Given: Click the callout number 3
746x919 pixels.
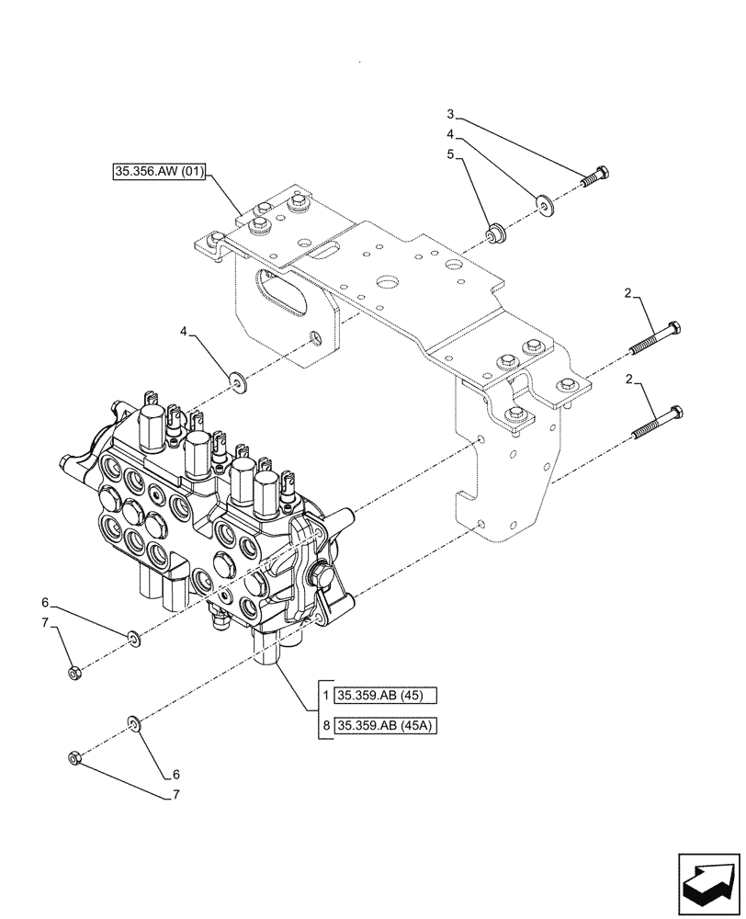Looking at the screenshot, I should pyautogui.click(x=450, y=115).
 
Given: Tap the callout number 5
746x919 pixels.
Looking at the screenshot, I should pyautogui.click(x=450, y=155).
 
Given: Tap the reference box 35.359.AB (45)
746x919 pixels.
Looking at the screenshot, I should pyautogui.click(x=385, y=695).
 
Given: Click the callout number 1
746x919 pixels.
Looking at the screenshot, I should pyautogui.click(x=325, y=695).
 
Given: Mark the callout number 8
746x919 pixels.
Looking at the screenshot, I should pyautogui.click(x=325, y=726).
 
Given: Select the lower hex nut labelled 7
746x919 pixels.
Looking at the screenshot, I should pyautogui.click(x=76, y=758).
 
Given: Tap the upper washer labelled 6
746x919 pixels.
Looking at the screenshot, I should pyautogui.click(x=133, y=636).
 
